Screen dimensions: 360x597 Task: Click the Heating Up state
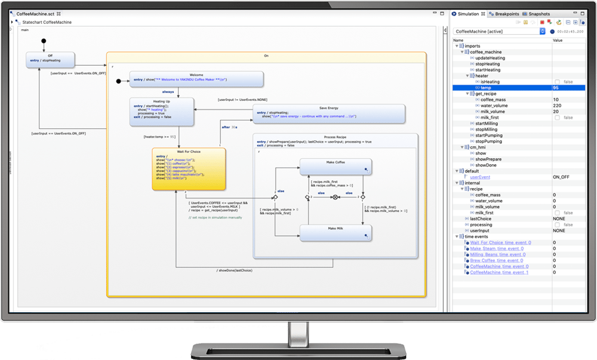click(162, 112)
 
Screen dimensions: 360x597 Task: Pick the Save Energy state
click(329, 114)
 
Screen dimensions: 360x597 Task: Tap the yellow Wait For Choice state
click(189, 169)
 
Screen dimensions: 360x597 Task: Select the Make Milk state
click(336, 233)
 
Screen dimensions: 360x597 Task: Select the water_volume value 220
click(558, 106)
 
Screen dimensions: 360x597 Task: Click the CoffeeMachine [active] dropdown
click(499, 31)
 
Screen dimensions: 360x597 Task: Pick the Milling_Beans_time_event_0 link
click(500, 254)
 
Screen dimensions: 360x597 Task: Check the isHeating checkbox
click(557, 82)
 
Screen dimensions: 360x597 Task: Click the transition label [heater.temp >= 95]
click(159, 137)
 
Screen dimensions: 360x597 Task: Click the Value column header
click(558, 40)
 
